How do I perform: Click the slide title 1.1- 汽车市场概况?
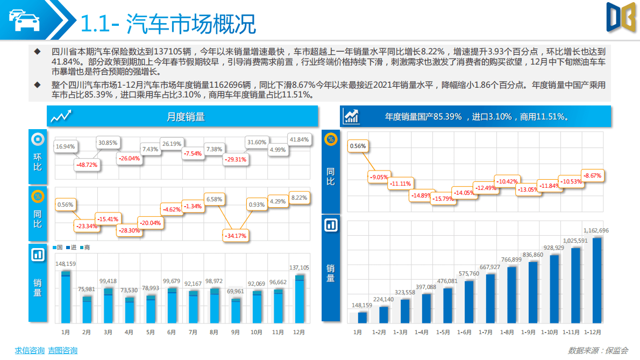click(x=168, y=23)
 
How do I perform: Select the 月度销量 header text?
click(x=186, y=117)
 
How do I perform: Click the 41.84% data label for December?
click(x=299, y=139)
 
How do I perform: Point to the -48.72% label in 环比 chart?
click(x=87, y=164)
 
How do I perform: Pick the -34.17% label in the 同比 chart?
click(x=235, y=235)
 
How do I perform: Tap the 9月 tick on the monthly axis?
click(x=235, y=333)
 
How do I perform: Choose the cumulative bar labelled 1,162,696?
click(x=596, y=280)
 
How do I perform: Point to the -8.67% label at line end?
click(x=592, y=175)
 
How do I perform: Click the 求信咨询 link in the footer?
click(x=29, y=350)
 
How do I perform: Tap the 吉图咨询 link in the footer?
click(x=62, y=350)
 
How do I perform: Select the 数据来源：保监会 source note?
click(x=598, y=350)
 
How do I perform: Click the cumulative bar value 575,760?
click(x=468, y=273)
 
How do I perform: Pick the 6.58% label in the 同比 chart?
click(x=214, y=199)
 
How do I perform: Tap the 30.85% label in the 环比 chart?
click(x=108, y=143)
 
